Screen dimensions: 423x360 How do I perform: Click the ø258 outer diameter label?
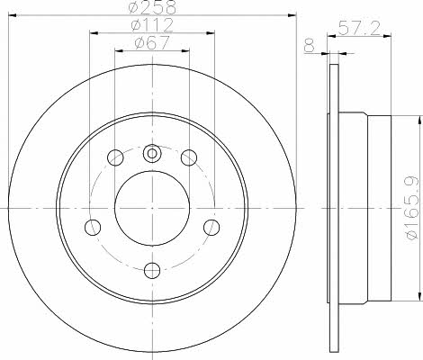(x=152, y=7)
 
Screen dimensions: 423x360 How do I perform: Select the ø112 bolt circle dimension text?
(x=152, y=25)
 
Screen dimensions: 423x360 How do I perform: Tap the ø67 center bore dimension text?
(x=152, y=42)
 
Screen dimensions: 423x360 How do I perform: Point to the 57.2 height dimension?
(x=359, y=28)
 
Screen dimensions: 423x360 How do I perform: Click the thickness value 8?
(x=310, y=47)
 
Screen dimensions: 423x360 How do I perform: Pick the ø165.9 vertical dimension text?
(x=412, y=208)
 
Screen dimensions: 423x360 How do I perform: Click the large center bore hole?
(x=152, y=208)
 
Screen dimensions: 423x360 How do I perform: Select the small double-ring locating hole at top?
(x=152, y=154)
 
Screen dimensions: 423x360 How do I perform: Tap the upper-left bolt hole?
(x=115, y=157)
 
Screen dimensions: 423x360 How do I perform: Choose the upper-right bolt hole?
(x=189, y=157)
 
